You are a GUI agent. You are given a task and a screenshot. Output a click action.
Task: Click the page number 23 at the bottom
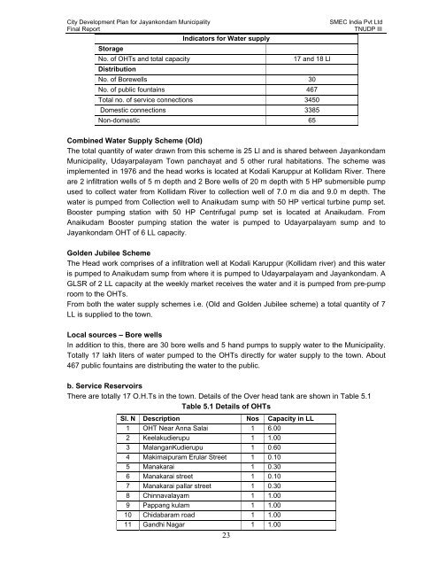coord(219,558)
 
